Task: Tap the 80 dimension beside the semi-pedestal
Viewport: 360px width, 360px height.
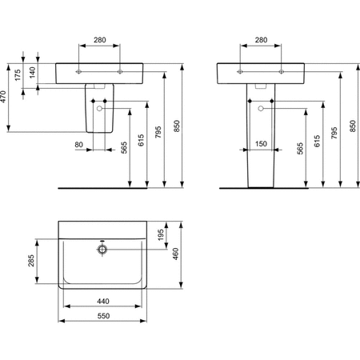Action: [78, 145]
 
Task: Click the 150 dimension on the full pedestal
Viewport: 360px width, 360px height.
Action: [260, 145]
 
